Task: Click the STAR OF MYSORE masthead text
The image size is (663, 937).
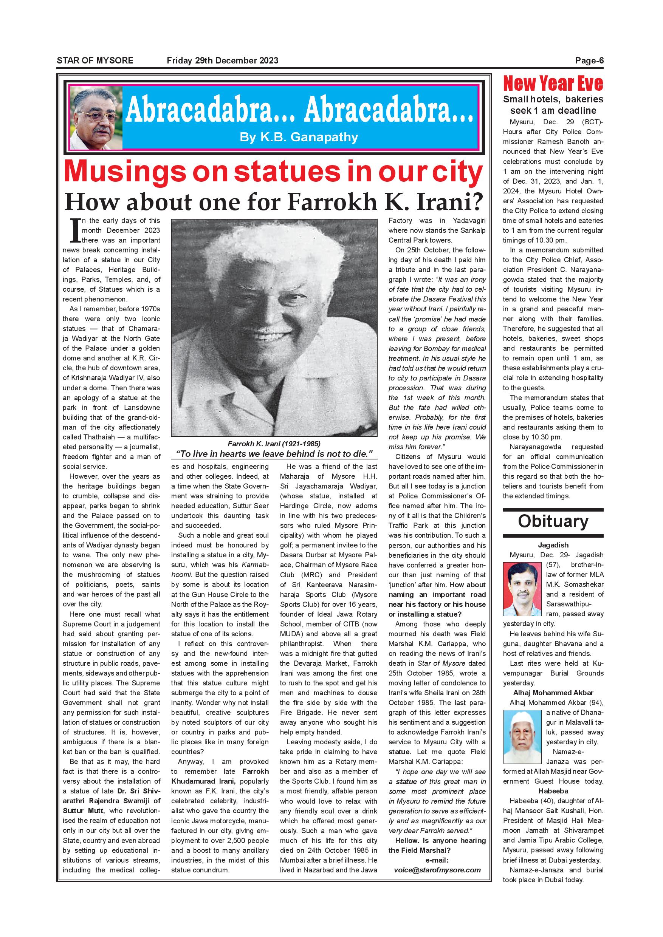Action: (x=95, y=60)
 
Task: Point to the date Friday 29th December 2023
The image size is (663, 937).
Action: (x=223, y=60)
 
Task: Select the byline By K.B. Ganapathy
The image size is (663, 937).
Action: (x=299, y=137)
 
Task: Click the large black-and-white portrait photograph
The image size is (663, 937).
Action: (x=274, y=328)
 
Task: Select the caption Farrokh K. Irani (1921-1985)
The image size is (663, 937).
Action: (x=274, y=444)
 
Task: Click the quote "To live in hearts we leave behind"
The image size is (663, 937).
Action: (x=274, y=454)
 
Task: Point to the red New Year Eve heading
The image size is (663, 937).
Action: (x=553, y=83)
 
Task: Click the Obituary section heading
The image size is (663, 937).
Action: (x=553, y=521)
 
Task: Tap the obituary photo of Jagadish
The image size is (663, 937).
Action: (x=522, y=589)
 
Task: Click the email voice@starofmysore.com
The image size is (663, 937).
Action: (x=437, y=870)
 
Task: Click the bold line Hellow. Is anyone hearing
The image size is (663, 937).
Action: (x=440, y=840)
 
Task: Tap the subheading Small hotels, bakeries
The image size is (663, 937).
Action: (x=553, y=99)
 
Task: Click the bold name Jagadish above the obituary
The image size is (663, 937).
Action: (x=553, y=545)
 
